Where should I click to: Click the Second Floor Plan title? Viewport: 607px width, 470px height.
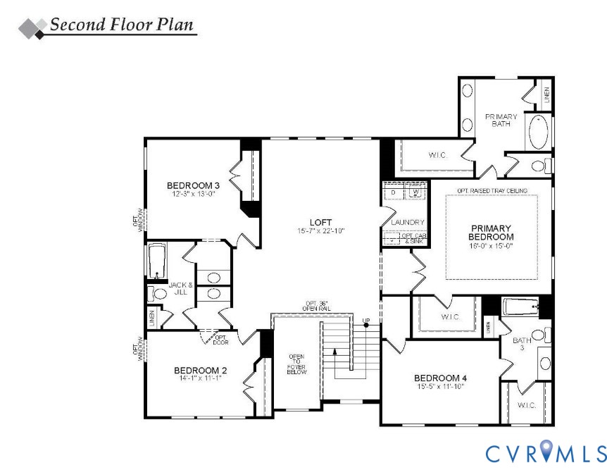(120, 25)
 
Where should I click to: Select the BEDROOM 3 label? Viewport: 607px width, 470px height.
(189, 186)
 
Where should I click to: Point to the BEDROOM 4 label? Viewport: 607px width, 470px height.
(440, 378)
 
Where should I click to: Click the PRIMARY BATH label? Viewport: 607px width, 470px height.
(501, 120)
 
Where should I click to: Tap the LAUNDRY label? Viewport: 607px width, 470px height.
(408, 223)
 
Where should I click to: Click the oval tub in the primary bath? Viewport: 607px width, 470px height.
(539, 132)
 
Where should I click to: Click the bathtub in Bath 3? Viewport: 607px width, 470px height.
(520, 307)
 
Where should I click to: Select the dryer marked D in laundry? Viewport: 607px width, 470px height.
(393, 192)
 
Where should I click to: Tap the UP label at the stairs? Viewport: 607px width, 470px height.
(365, 322)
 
